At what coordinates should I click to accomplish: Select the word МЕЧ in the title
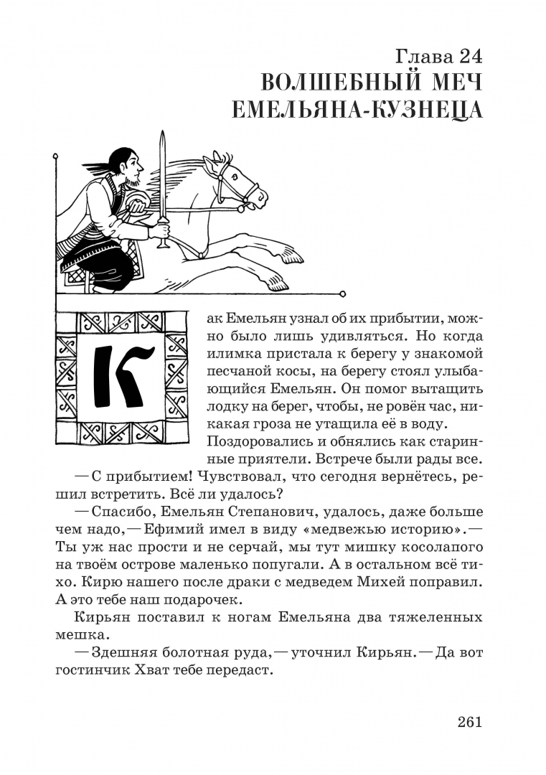pos(452,83)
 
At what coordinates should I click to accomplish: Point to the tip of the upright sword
pos(162,133)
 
